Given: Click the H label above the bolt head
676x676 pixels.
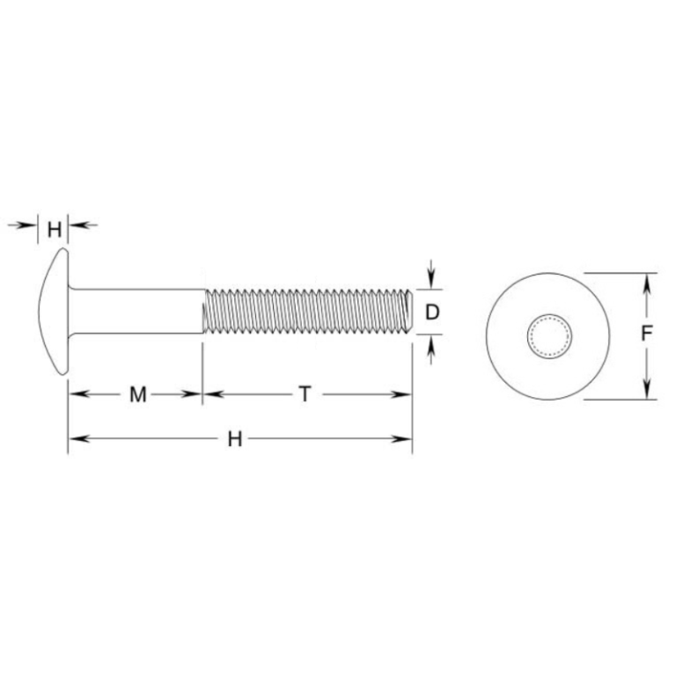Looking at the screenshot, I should [x=55, y=231].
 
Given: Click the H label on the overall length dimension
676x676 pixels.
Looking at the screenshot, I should [x=234, y=439].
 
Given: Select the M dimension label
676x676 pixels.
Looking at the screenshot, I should [x=137, y=395].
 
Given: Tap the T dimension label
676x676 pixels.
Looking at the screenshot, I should [x=305, y=395].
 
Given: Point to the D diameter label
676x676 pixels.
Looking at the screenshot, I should [x=431, y=312].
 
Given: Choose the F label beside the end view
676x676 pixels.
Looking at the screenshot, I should [x=647, y=334].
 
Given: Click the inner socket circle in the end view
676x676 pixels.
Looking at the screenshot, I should [x=549, y=335].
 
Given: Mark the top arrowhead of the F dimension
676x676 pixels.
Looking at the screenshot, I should [x=648, y=280].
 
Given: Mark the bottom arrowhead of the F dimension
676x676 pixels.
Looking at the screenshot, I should [x=648, y=391].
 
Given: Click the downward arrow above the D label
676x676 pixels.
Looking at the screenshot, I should [x=430, y=279].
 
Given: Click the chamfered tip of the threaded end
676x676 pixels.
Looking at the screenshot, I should [x=408, y=312].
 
